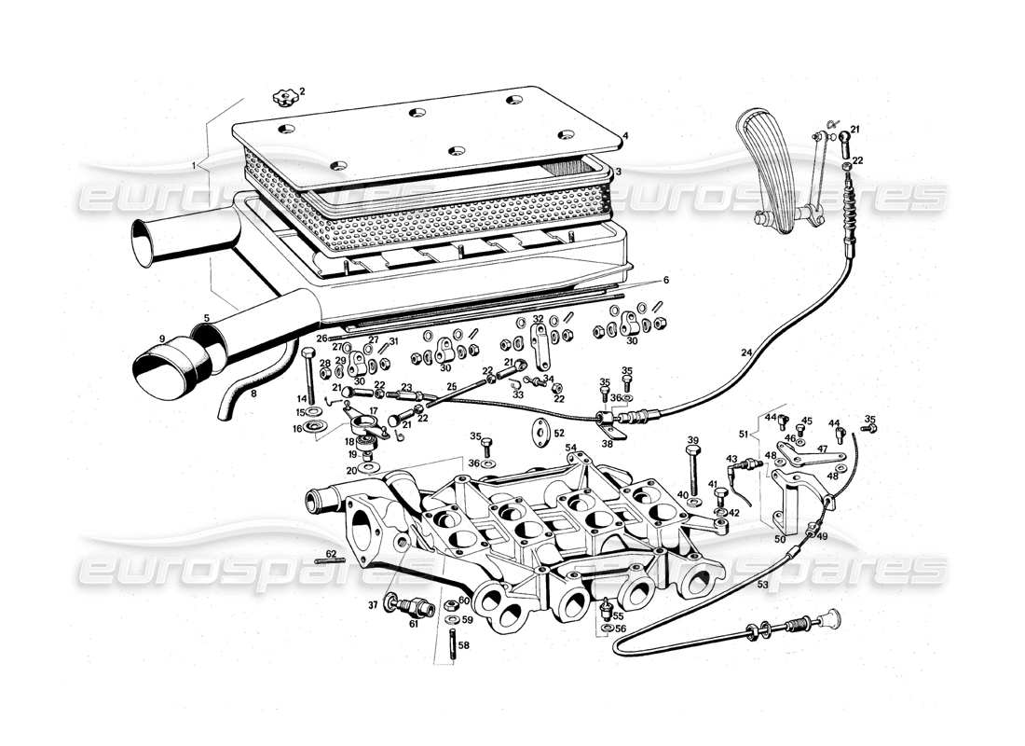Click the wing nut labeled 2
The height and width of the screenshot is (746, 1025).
click(282, 96)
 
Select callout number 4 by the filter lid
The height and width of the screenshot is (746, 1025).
click(626, 136)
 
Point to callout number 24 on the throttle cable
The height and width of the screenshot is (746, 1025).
click(745, 353)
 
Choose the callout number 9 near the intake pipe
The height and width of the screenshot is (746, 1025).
click(161, 338)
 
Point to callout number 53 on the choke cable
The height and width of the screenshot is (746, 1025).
click(762, 585)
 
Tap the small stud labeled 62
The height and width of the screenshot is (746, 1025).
click(329, 559)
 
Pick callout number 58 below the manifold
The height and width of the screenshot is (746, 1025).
click(464, 644)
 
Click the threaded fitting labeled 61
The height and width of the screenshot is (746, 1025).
click(416, 607)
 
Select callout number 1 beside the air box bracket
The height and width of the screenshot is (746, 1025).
click(193, 165)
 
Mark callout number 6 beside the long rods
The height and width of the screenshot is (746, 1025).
click(666, 280)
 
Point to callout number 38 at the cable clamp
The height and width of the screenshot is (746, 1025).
click(608, 445)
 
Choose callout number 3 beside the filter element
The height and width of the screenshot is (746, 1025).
click(618, 172)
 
